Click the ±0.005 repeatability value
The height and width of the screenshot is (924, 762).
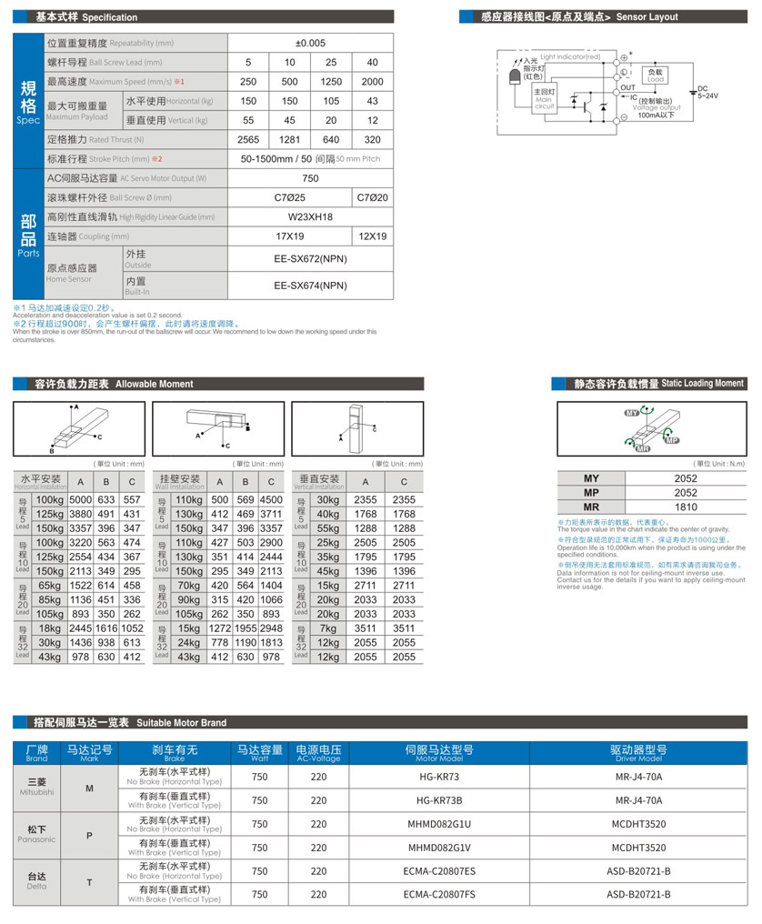point(310,43)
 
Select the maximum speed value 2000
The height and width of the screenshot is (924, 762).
point(372,82)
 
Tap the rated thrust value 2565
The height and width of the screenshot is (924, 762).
point(248,140)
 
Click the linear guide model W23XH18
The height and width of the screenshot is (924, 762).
point(310,217)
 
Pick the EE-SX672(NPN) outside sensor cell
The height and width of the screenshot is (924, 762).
point(310,258)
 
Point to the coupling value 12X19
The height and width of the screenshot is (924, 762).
point(372,236)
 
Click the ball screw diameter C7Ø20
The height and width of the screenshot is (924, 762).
point(372,197)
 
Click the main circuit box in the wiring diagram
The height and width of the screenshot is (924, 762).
point(544,99)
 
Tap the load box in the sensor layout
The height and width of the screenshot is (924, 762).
point(655,75)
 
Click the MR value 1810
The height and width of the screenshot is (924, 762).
point(686,507)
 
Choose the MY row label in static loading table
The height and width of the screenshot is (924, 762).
point(591,478)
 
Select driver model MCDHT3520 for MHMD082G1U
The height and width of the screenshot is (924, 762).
point(638,824)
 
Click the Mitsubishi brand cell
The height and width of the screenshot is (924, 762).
point(36,788)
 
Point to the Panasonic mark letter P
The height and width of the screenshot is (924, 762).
point(89,835)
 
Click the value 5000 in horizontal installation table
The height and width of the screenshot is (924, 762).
point(81,499)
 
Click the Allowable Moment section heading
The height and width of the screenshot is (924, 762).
point(115,384)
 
